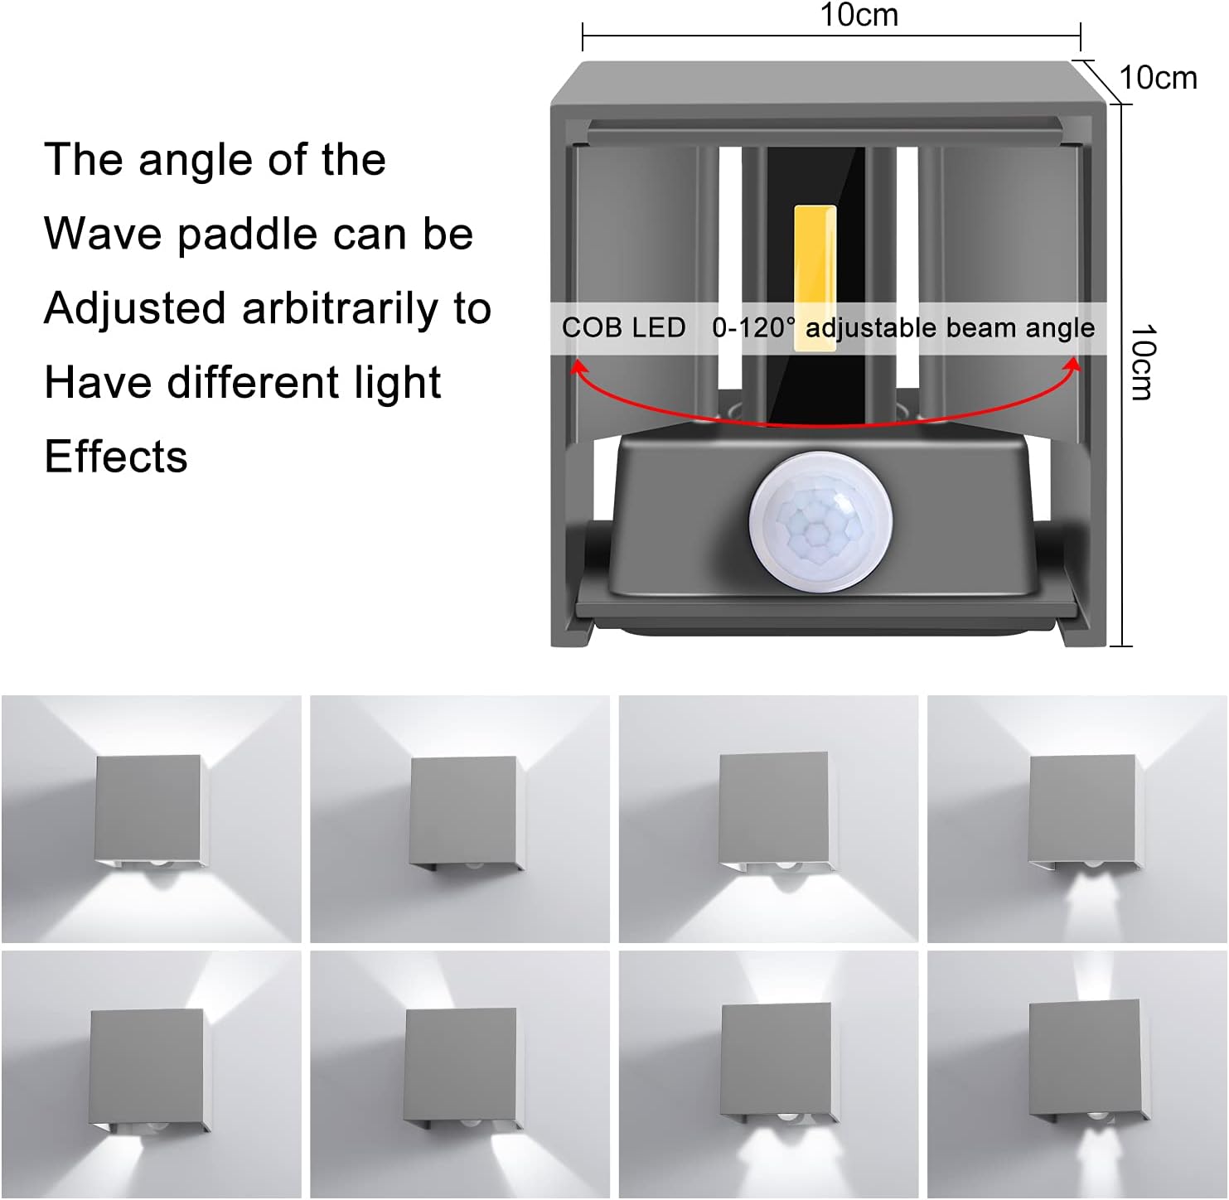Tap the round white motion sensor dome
[x=820, y=520]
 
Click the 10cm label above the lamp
[x=859, y=15]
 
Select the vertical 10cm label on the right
[x=1143, y=362]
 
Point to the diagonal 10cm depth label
[x=1158, y=78]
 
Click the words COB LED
[x=623, y=328]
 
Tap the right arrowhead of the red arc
[x=1073, y=365]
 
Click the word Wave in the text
[x=104, y=234]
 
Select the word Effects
[x=116, y=457]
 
